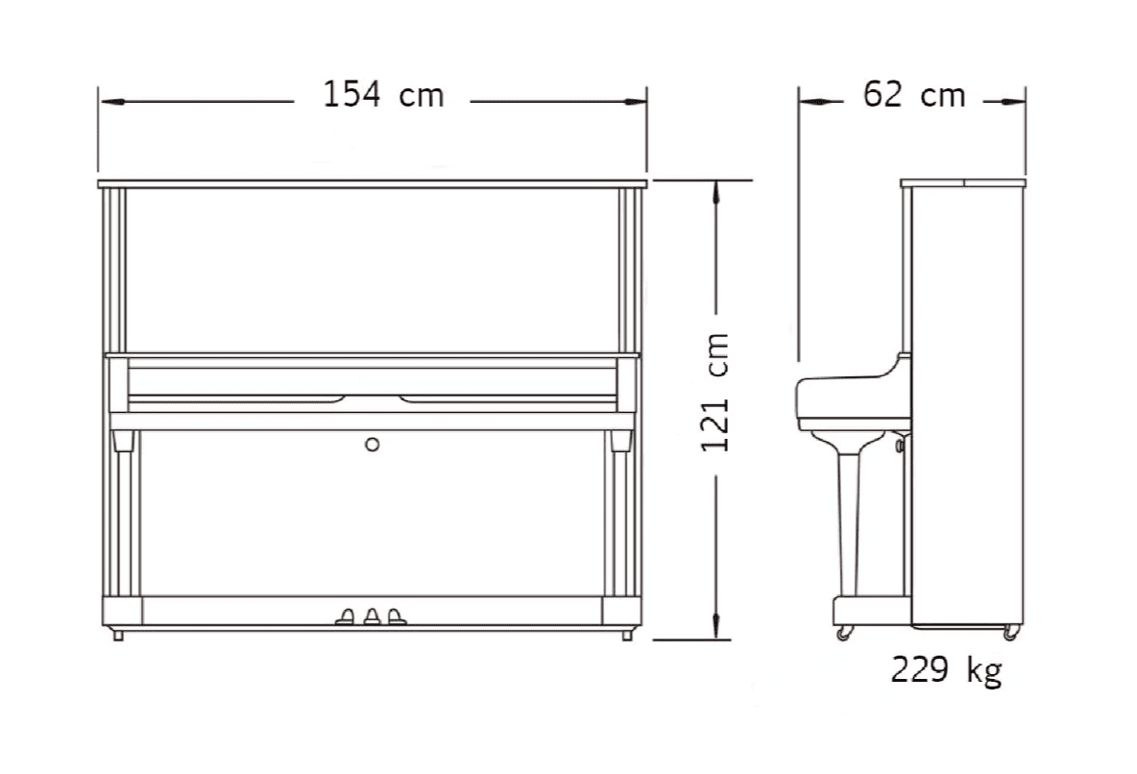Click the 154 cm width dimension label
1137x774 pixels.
383,95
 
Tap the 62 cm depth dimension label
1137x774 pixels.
914,95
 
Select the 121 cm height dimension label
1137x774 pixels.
715,393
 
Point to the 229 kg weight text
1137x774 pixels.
946,669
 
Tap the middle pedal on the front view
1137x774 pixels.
372,616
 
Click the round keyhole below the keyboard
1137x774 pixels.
372,444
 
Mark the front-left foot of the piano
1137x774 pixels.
118,635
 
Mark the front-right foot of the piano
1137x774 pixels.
626,635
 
